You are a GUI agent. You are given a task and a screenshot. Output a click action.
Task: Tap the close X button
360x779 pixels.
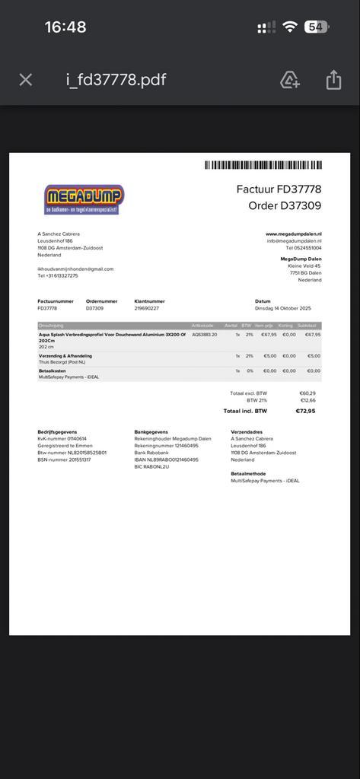26,80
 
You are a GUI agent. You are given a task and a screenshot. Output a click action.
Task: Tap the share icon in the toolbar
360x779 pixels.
333,80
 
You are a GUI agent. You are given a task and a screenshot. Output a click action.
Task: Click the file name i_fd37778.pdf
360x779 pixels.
116,80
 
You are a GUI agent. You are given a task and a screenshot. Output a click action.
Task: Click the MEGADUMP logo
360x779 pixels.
84,199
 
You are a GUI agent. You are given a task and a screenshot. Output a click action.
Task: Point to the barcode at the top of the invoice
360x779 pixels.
263,165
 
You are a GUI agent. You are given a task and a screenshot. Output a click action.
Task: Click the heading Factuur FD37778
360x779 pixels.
279,189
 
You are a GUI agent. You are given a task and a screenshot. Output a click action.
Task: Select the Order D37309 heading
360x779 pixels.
285,206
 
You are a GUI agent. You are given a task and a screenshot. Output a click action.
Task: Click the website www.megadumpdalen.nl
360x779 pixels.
293,234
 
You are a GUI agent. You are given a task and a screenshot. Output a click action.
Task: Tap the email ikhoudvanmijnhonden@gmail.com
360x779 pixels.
75,269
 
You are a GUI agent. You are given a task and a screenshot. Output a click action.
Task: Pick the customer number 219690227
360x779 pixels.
147,308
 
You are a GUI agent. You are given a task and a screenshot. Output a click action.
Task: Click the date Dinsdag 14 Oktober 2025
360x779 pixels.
283,308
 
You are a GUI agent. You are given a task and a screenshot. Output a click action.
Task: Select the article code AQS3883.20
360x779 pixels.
205,335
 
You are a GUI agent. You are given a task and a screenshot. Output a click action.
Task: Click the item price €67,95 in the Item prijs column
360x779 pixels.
269,335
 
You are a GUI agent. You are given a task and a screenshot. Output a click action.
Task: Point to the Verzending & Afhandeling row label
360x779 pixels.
65,355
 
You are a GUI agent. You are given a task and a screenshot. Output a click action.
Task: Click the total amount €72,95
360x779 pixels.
305,411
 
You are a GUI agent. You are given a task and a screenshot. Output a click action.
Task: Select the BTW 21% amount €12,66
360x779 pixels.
307,400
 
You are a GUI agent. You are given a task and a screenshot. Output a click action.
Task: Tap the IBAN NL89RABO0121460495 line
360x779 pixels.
166,459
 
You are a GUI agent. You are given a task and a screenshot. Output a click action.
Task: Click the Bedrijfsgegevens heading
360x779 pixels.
57,432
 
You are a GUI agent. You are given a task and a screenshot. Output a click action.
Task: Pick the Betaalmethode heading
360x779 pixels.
248,473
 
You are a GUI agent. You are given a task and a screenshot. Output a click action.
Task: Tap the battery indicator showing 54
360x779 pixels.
316,27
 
